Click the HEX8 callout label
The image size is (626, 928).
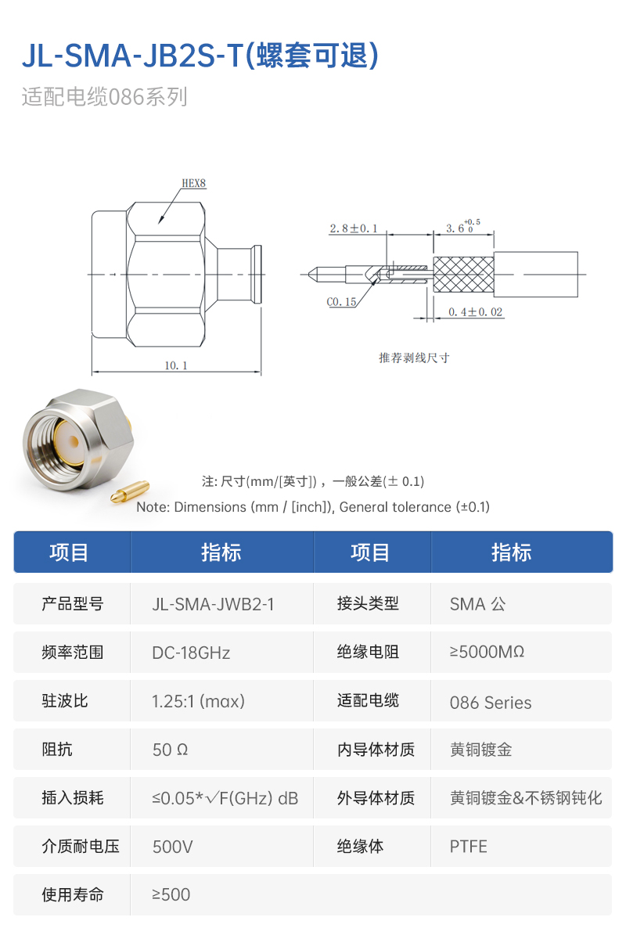pyautogui.click(x=193, y=184)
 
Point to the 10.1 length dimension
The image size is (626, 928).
pyautogui.click(x=176, y=365)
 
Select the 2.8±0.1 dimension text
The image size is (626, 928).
pyautogui.click(x=353, y=228)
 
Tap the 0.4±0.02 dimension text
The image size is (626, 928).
pyautogui.click(x=476, y=312)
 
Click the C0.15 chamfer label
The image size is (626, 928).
pyautogui.click(x=341, y=301)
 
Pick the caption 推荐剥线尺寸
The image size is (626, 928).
pyautogui.click(x=414, y=358)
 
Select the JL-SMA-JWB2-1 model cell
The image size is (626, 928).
pyautogui.click(x=213, y=604)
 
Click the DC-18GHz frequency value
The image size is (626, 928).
pyautogui.click(x=191, y=653)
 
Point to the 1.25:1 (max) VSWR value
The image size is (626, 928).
pyautogui.click(x=198, y=701)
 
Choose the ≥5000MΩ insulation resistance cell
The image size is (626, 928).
pyautogui.click(x=487, y=652)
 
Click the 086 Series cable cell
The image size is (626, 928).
pyautogui.click(x=491, y=703)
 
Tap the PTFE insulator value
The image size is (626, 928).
pyautogui.click(x=468, y=847)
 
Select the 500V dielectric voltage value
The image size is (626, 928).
pyautogui.click(x=173, y=847)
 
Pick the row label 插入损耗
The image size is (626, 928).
pyautogui.click(x=72, y=798)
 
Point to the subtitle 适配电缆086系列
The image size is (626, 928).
pyautogui.click(x=104, y=98)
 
